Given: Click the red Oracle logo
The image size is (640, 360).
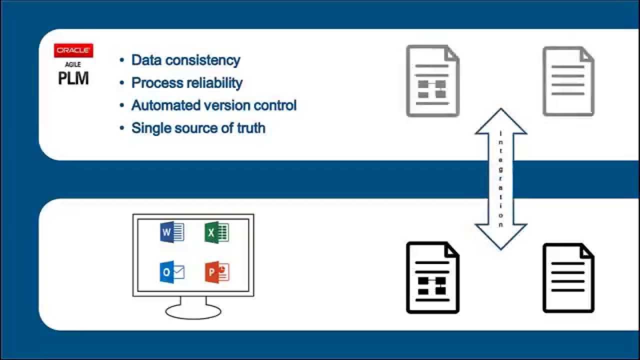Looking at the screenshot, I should (73, 50).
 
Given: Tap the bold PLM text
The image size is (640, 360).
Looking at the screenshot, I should (73, 78).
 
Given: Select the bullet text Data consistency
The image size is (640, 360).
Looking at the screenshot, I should (185, 60).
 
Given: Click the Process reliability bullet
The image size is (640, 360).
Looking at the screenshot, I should (186, 82).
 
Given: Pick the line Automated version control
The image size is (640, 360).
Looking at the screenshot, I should (213, 105).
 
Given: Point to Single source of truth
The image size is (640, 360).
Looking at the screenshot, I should (198, 128).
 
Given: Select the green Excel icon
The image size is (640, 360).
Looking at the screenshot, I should (216, 232).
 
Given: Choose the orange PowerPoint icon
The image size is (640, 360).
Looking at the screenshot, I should (216, 272).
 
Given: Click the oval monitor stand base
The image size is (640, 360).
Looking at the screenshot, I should (193, 311).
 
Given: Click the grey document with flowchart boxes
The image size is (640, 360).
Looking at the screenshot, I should (432, 81).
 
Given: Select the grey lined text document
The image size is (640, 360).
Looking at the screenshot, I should (568, 81).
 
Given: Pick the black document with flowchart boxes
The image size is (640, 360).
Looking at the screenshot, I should (432, 277).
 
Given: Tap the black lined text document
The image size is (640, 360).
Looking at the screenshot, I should (568, 277).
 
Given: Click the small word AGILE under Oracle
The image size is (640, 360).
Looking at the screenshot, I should (73, 64).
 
